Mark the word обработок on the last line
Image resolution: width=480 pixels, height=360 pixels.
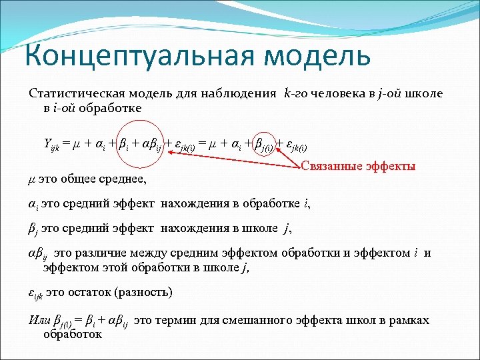click(72, 334)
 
